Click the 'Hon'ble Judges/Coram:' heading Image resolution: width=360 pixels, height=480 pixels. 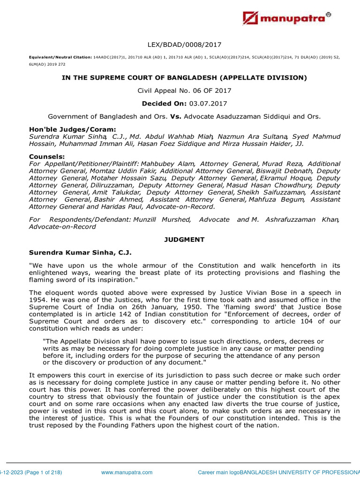pos(72,129)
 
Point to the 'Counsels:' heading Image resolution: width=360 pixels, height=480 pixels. pos(47,156)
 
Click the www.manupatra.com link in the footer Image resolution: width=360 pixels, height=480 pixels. pos(127,472)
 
